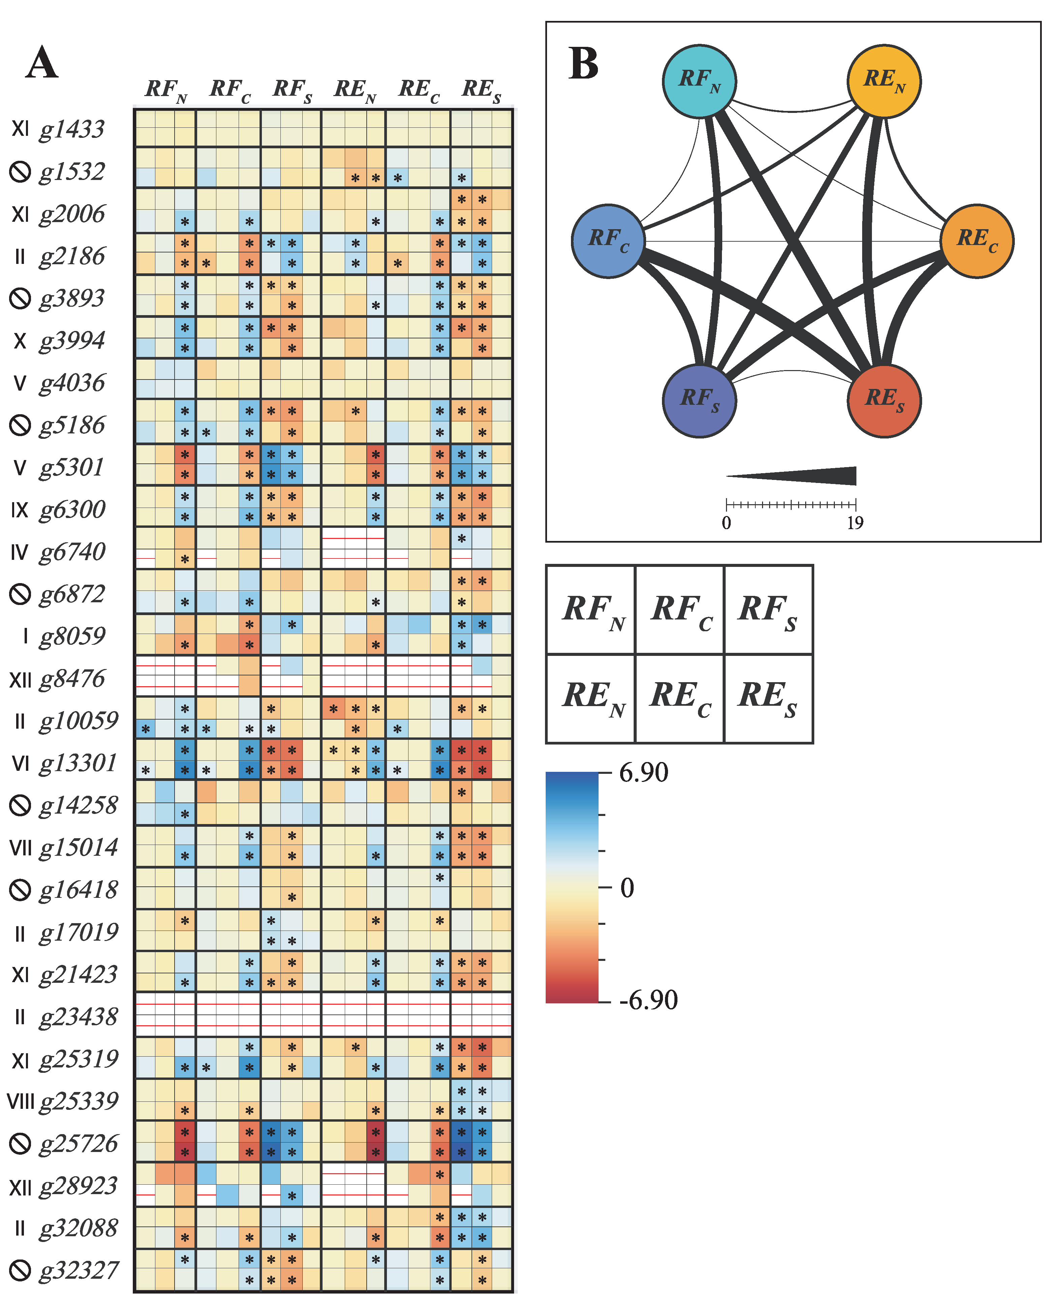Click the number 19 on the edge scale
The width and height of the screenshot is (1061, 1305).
855,523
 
